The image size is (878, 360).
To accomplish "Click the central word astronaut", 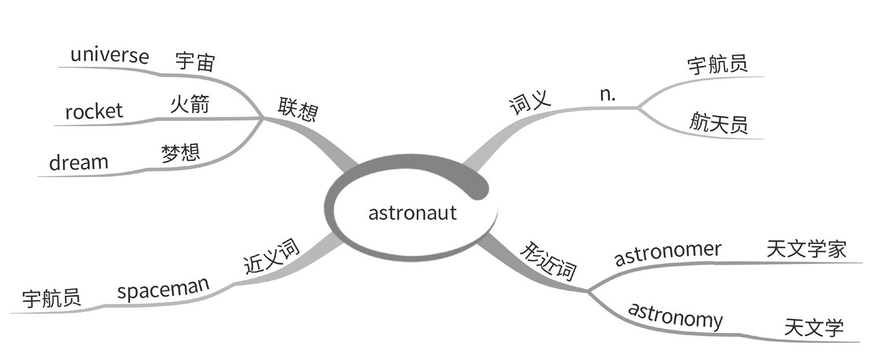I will coord(412,212).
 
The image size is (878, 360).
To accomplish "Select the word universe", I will coord(109,56).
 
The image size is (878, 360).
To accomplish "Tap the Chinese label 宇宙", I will coord(194,61).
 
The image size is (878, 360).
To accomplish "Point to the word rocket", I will coord(94,111).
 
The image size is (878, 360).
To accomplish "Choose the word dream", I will coord(78,163).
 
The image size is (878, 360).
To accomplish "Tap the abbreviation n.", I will coord(608,95).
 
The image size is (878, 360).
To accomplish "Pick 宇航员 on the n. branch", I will coord(717,65).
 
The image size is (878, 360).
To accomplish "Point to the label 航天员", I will coord(718,123).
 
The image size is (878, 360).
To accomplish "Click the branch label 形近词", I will coord(548,261).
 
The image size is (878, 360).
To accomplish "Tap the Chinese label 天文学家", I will coord(806,249).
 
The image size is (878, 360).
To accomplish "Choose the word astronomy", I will coord(675,315).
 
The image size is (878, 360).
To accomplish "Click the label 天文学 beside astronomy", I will coord(813,328).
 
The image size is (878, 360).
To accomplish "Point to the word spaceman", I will coord(163,289).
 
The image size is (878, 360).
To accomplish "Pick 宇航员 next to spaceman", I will coord(52,299).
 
